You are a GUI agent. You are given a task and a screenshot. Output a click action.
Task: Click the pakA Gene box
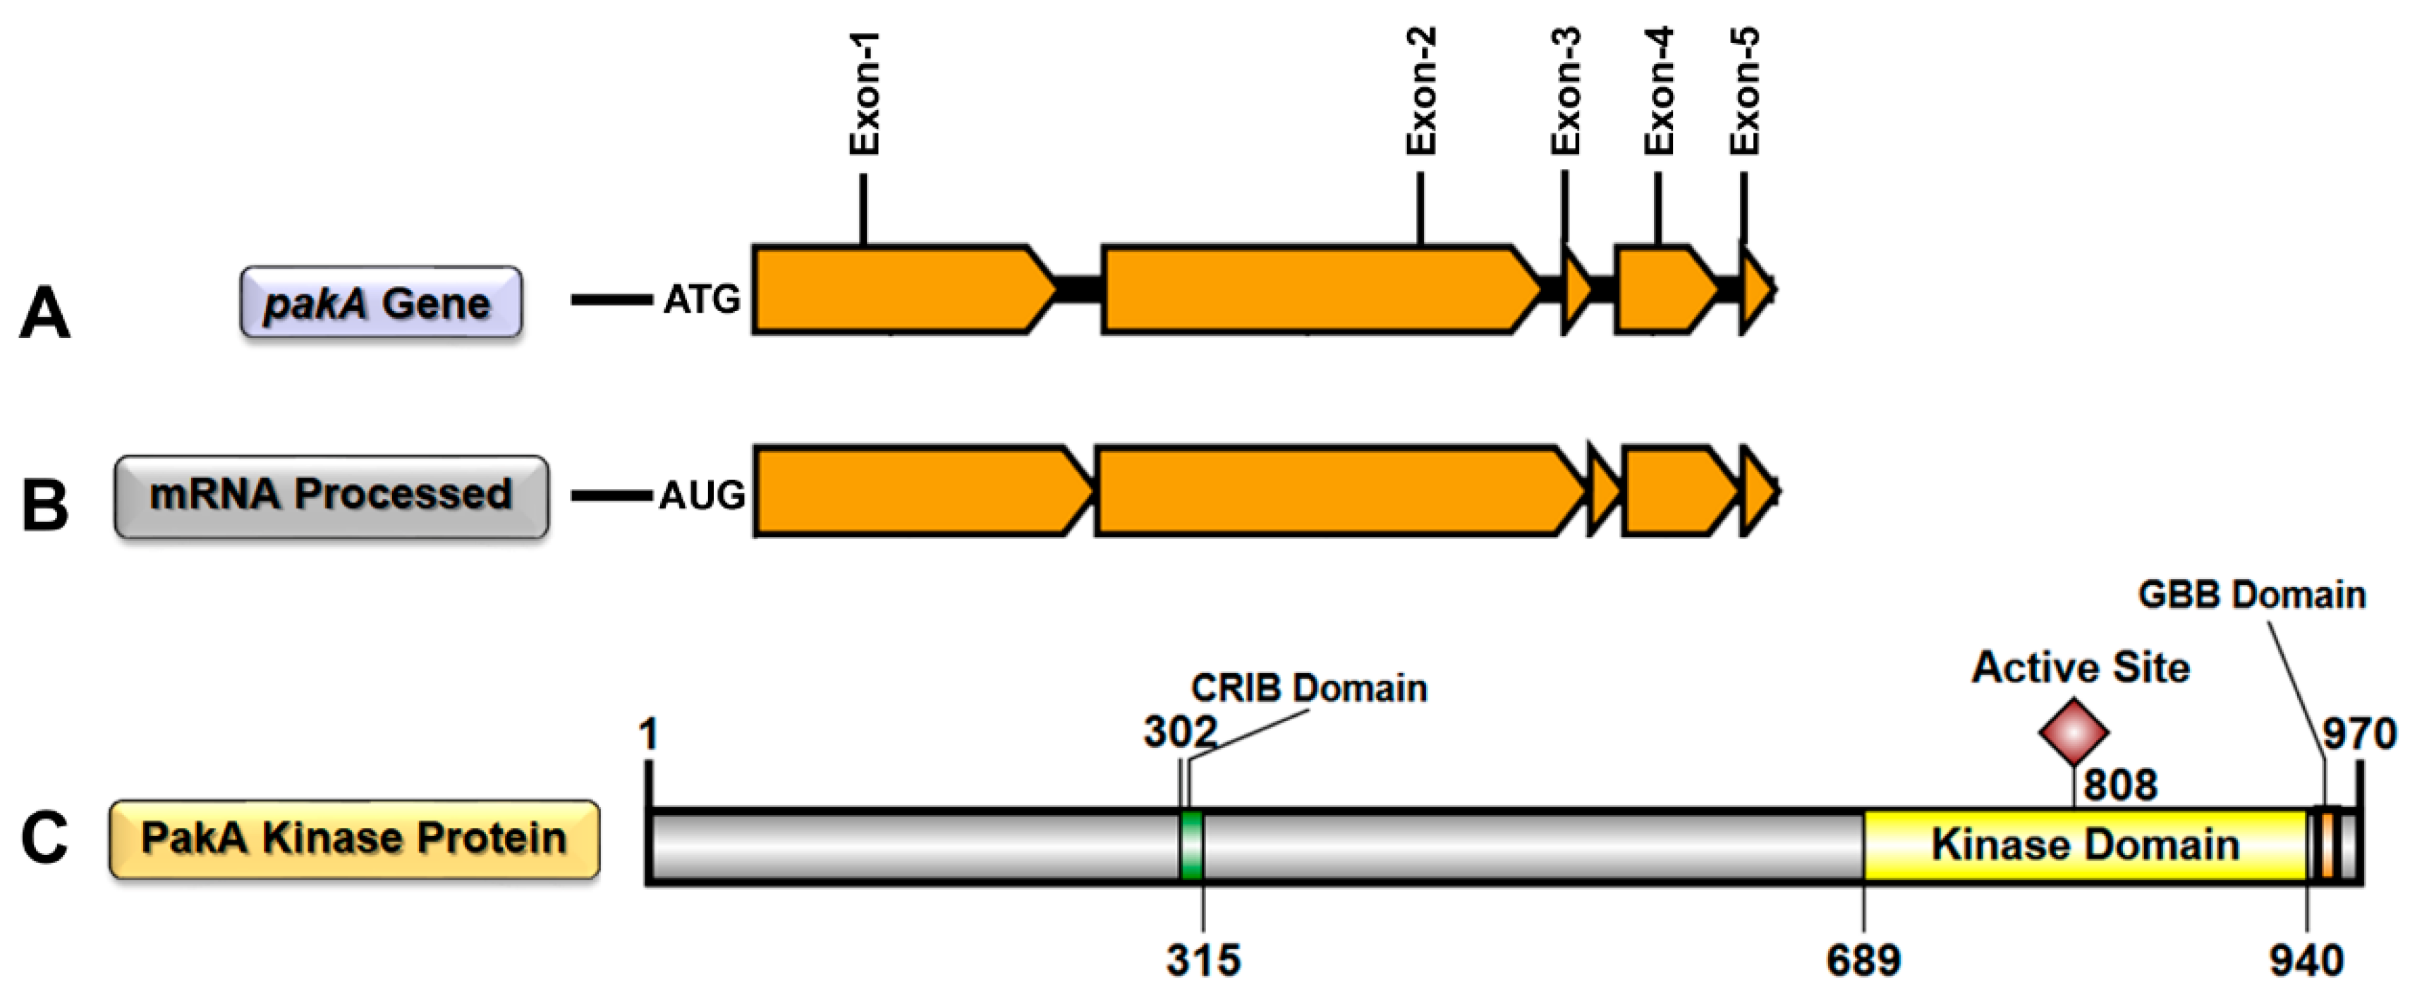tap(381, 302)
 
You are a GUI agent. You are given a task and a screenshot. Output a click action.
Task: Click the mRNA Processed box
tap(331, 496)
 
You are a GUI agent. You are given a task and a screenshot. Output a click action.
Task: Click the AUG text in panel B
tap(701, 495)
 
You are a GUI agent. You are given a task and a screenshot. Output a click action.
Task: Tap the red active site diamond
tap(2073, 732)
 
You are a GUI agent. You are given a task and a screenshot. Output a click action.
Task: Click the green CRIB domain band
tap(1191, 845)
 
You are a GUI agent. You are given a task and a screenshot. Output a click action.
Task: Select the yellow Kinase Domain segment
tap(2084, 845)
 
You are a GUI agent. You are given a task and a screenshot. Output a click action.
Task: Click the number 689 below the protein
tap(1863, 961)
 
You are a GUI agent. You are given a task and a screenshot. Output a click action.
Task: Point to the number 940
tap(2306, 961)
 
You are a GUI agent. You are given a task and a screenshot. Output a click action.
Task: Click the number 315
tap(1203, 961)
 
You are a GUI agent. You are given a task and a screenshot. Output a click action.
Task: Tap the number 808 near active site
tap(2120, 784)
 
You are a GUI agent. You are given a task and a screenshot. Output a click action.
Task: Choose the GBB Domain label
tap(2251, 595)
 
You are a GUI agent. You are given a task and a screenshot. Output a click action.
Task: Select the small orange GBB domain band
tap(2326, 845)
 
